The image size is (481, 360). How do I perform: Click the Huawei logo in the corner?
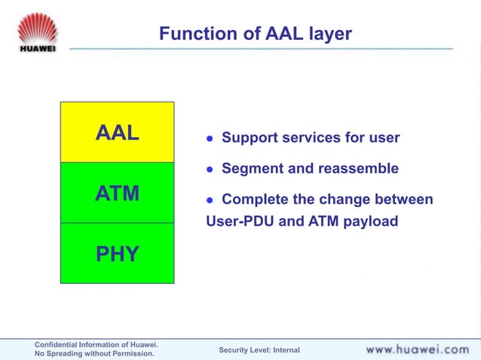click(x=38, y=32)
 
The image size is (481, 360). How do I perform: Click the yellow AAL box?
click(x=118, y=133)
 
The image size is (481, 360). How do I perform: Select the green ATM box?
click(x=118, y=193)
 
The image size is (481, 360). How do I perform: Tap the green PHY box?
click(x=118, y=254)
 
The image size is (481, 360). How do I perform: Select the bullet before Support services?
click(x=211, y=139)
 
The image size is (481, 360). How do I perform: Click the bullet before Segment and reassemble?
click(x=211, y=169)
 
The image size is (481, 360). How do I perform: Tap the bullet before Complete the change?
click(x=211, y=200)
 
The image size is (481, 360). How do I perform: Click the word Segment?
click(x=250, y=169)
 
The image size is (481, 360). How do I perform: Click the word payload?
click(x=369, y=221)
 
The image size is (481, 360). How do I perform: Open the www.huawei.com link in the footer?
click(x=417, y=349)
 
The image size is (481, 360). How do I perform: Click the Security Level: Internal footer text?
click(x=259, y=350)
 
